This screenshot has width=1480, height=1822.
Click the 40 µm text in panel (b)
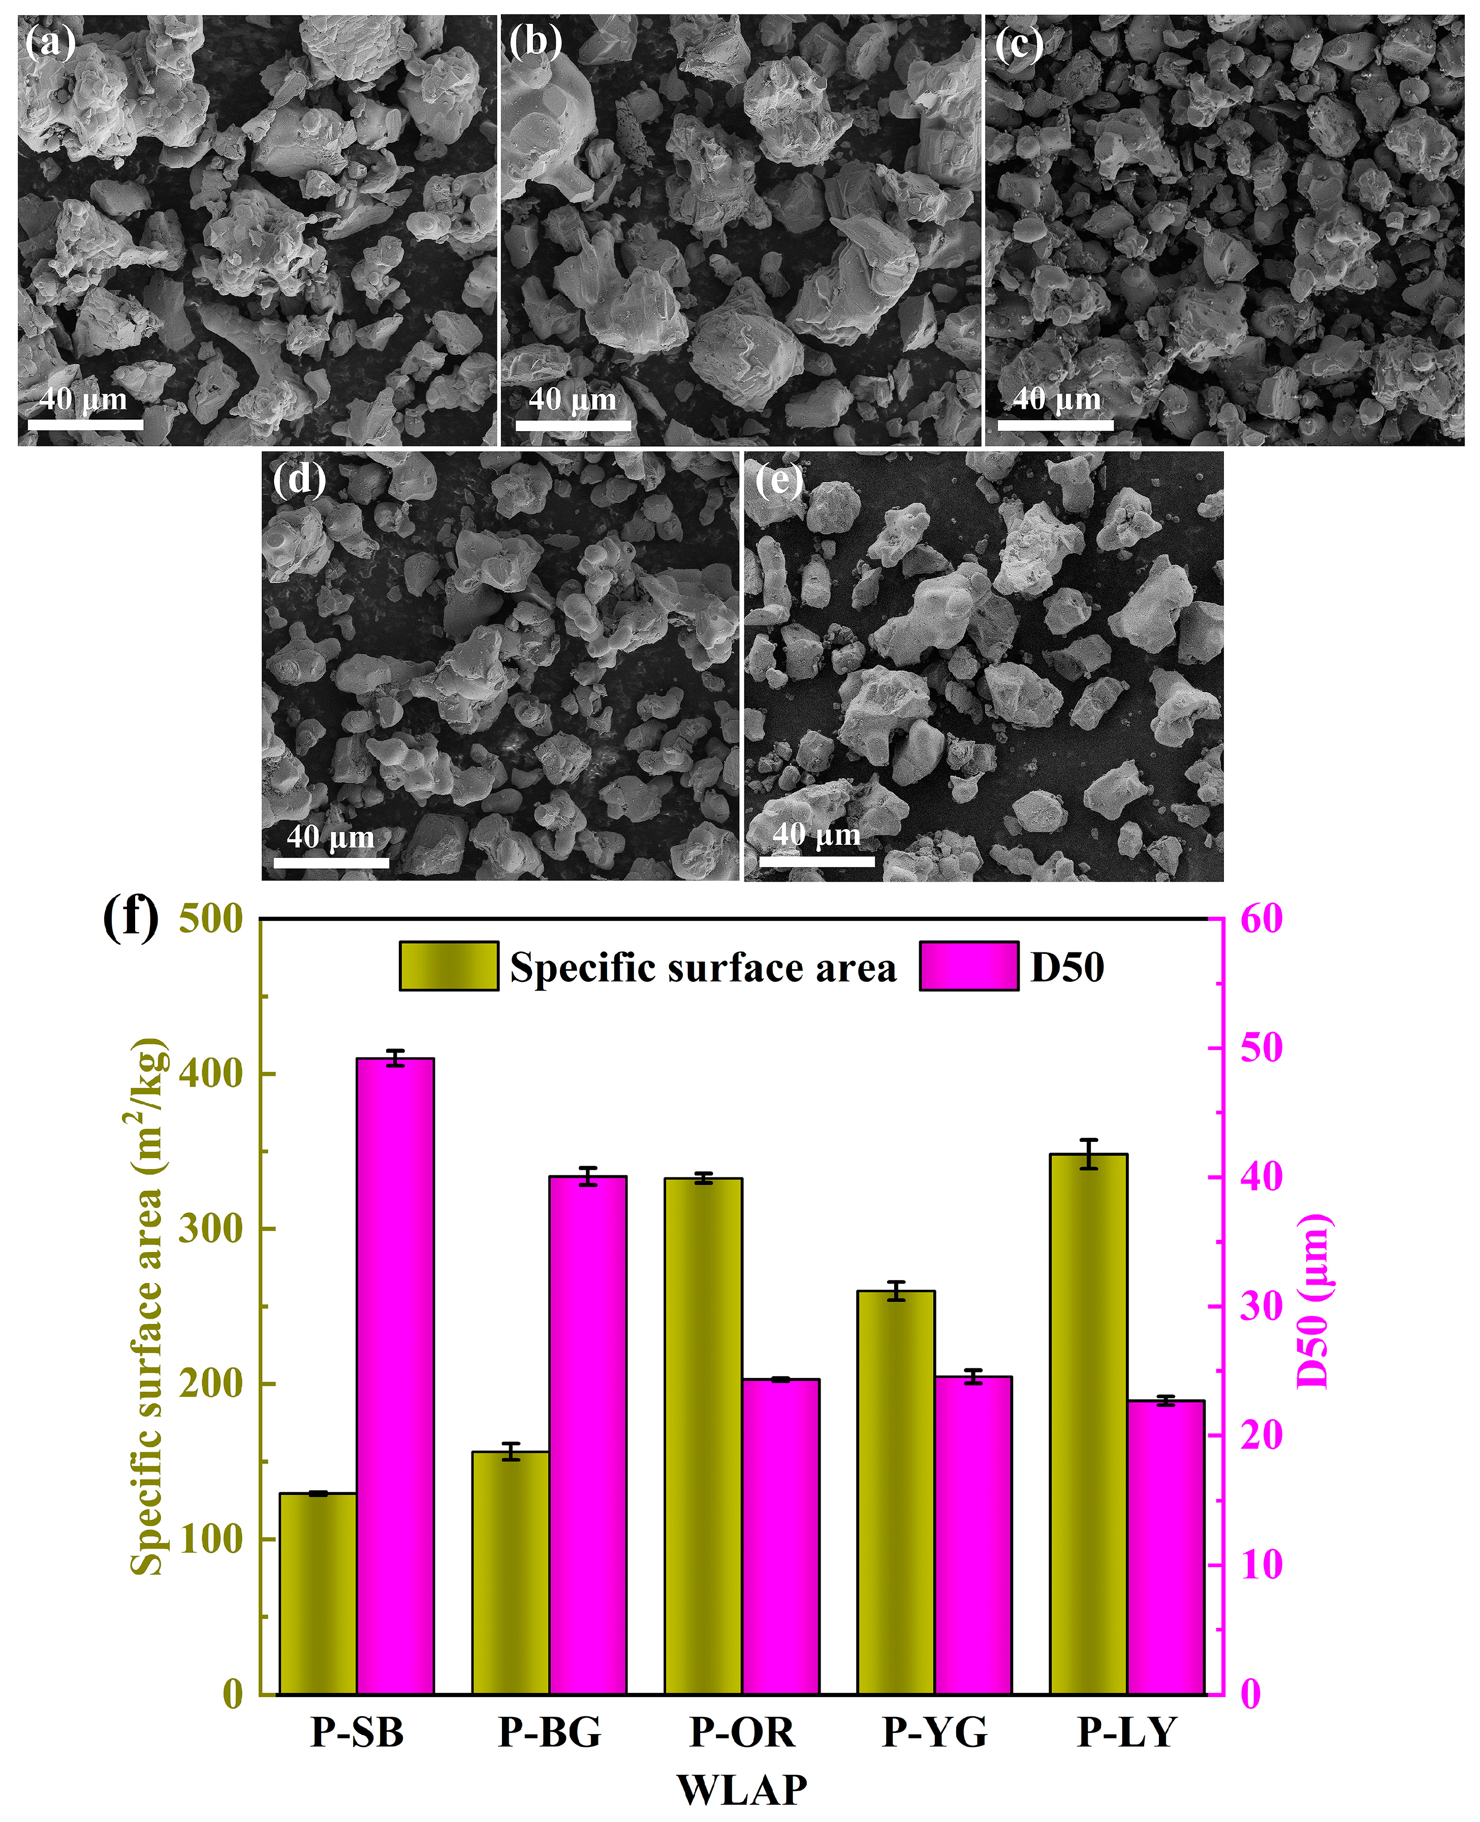[572, 399]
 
